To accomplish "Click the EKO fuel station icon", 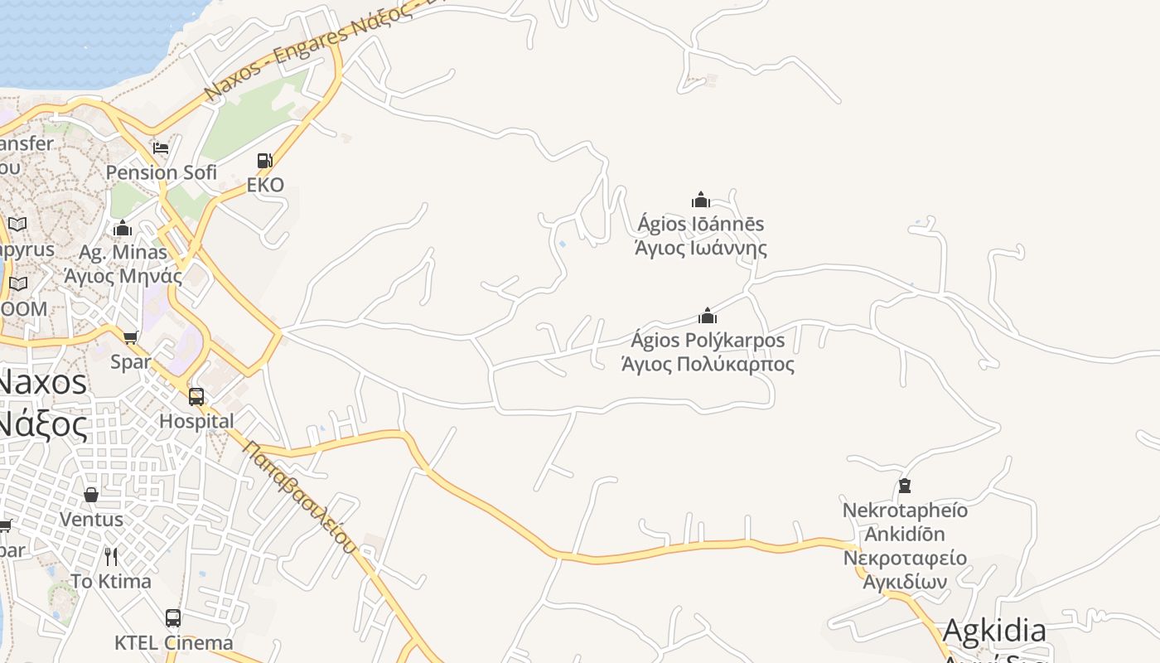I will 264,161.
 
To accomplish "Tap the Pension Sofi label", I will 162,172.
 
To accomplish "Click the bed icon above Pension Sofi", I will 161,148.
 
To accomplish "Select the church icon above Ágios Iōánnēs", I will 701,200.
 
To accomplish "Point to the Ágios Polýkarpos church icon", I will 708,316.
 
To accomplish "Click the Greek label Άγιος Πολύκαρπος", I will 708,365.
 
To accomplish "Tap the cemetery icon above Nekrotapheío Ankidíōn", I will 905,486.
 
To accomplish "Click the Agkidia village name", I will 994,631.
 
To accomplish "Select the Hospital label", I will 196,421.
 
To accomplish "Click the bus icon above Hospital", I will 196,396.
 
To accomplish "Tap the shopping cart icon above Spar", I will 130,337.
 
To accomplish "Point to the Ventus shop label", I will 91,520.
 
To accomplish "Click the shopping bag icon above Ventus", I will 91,495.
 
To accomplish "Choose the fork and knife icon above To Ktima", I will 111,556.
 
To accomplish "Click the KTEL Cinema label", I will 173,642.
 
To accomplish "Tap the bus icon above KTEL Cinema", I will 173,617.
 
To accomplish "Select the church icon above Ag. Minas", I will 123,228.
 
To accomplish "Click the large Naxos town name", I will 41,383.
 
